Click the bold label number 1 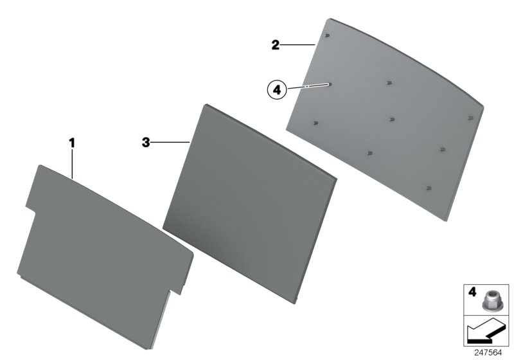pyautogui.click(x=72, y=143)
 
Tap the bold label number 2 pyautogui.click(x=276, y=44)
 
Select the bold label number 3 pyautogui.click(x=146, y=143)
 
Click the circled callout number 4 pyautogui.click(x=277, y=89)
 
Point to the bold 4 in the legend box pyautogui.click(x=472, y=292)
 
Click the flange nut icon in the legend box pyautogui.click(x=489, y=300)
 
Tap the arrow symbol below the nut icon pyautogui.click(x=485, y=331)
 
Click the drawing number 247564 pyautogui.click(x=488, y=353)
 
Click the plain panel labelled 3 pyautogui.click(x=250, y=204)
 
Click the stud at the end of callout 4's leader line pyautogui.click(x=330, y=84)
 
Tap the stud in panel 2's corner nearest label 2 pyautogui.click(x=327, y=36)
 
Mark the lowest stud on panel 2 pyautogui.click(x=429, y=188)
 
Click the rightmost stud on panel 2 pyautogui.click(x=470, y=118)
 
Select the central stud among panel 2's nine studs pyautogui.click(x=392, y=120)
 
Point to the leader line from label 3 pyautogui.click(x=170, y=142)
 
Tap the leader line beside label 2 pyautogui.click(x=297, y=44)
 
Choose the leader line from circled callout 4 pyautogui.click(x=308, y=86)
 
